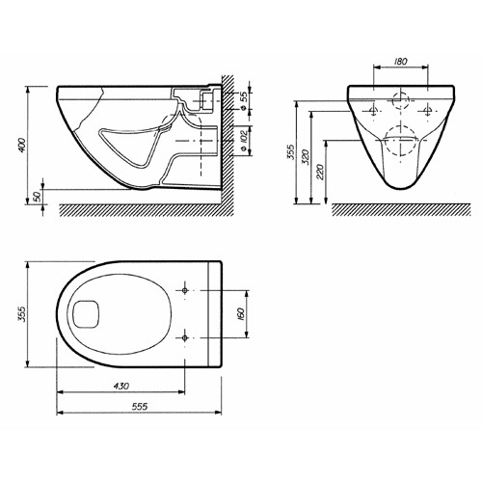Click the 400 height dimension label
21,145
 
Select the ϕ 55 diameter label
244,100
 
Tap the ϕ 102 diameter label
244,140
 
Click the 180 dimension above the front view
400,61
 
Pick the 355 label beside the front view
291,151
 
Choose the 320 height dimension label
306,157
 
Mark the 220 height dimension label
320,172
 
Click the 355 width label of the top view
21,313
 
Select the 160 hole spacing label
242,314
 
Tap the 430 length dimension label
121,386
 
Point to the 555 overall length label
140,407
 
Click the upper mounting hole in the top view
184,290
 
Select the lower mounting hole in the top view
184,337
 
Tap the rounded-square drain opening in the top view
87,314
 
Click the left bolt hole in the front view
373,111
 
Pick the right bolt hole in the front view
427,111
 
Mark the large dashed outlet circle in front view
401,126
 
